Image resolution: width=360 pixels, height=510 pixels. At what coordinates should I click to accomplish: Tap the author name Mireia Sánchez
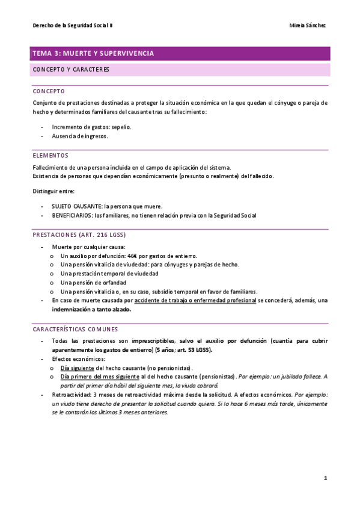click(308, 26)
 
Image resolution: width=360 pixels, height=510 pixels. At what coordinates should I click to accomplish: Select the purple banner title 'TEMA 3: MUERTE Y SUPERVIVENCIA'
click(93, 54)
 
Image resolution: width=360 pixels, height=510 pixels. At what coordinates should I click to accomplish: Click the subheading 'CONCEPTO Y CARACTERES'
click(71, 69)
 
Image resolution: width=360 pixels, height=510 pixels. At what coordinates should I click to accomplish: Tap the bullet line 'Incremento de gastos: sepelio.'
click(91, 127)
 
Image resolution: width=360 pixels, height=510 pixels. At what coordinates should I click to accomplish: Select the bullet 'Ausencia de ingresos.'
click(80, 136)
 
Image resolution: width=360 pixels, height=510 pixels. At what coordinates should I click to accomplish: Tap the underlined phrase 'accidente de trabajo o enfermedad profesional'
click(195, 300)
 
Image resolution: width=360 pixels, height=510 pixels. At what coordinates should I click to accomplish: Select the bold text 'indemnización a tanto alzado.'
click(91, 310)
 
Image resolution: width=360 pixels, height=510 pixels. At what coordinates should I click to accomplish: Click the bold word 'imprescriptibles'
click(151, 341)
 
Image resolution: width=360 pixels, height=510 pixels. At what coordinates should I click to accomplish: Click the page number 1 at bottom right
click(325, 478)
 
